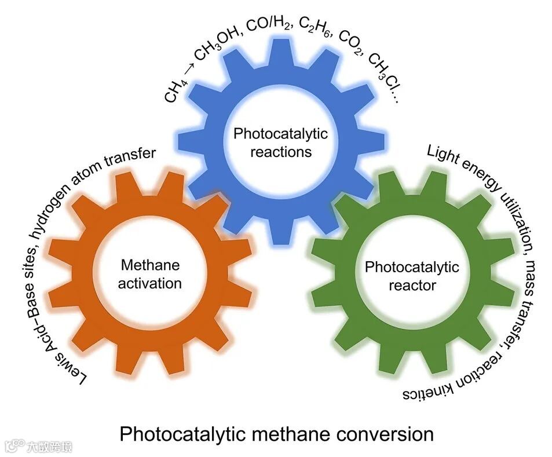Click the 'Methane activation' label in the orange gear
coord(151,274)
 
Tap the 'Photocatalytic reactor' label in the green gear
coord(411,276)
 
